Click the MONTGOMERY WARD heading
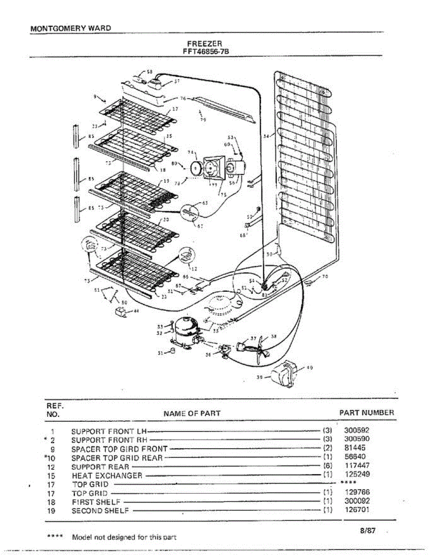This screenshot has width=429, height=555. pos(70,28)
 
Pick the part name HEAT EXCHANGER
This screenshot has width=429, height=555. pos(107,475)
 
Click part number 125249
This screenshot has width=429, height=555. pos(357,474)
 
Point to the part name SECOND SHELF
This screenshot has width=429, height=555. pos(100,511)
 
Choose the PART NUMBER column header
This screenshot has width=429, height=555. pos(367,413)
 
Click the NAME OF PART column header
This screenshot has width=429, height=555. pos(192,413)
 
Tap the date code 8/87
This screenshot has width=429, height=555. pos(367,531)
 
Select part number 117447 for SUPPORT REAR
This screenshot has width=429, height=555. pos(357,465)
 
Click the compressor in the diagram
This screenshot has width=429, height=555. pos(186,328)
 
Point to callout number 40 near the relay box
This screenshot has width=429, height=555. pos(310,368)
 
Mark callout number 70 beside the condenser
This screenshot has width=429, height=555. pos(325,277)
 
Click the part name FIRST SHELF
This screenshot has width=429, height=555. pos(96,502)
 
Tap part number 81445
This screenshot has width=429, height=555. pos(355,448)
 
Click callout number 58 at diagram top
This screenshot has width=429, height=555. pos(149,71)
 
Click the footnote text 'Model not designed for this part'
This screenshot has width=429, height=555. pos(124,537)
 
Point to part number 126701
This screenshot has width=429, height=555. pos(357,510)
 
